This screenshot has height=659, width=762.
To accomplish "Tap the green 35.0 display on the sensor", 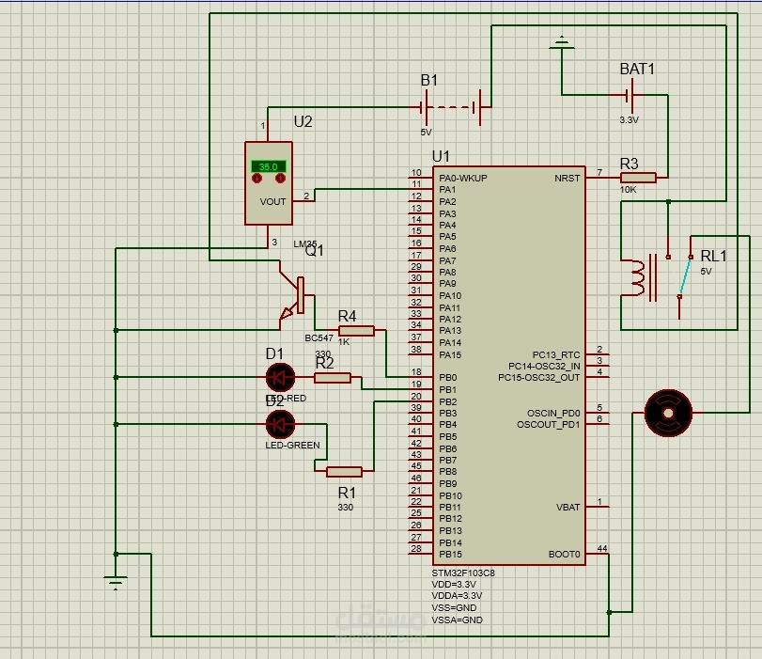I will pyautogui.click(x=269, y=166).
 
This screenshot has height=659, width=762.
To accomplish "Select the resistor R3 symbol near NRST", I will pyautogui.click(x=638, y=177).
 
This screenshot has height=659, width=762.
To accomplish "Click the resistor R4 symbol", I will pyautogui.click(x=356, y=330).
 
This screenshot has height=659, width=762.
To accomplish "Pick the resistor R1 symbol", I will pyautogui.click(x=344, y=472).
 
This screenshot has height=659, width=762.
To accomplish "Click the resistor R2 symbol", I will pyautogui.click(x=333, y=378).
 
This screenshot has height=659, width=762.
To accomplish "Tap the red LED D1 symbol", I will pyautogui.click(x=279, y=378).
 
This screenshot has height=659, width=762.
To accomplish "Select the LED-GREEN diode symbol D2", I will pyautogui.click(x=279, y=424).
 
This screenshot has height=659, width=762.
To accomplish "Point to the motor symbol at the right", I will pyautogui.click(x=668, y=413).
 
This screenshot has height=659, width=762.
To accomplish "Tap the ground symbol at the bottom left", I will pyautogui.click(x=116, y=582).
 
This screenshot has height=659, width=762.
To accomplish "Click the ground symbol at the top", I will pyautogui.click(x=562, y=42).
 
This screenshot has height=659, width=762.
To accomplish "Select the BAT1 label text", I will pyautogui.click(x=637, y=70).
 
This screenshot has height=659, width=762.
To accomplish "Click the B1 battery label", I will pyautogui.click(x=428, y=82).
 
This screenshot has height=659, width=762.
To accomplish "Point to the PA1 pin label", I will pyautogui.click(x=447, y=189).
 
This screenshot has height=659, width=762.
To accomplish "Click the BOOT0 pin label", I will pyautogui.click(x=564, y=554).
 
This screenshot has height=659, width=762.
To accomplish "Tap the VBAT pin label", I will pyautogui.click(x=568, y=507).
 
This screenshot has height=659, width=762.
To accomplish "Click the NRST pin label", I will pyautogui.click(x=568, y=177).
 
